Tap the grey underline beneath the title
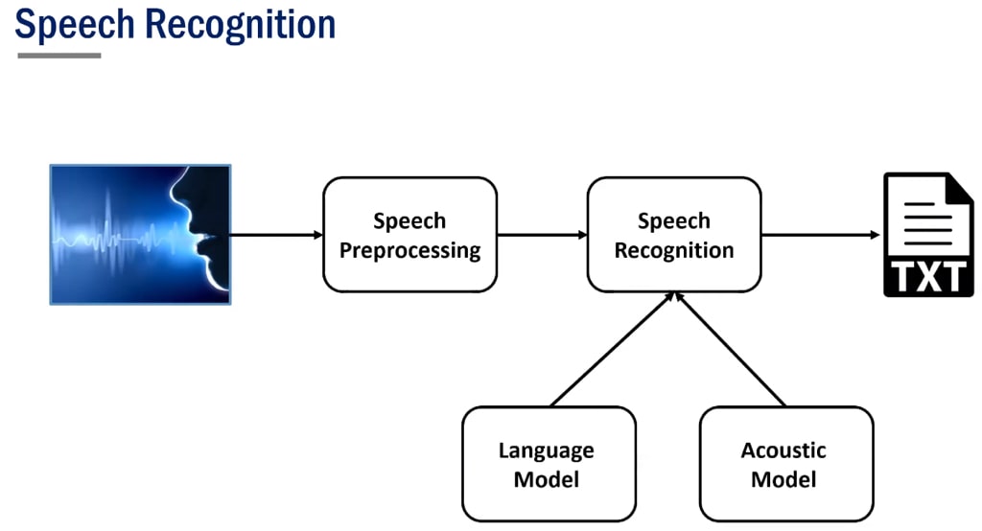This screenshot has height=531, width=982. pyautogui.click(x=59, y=56)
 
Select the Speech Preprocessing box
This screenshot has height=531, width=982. pyautogui.click(x=409, y=235)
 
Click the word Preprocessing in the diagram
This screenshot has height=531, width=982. pyautogui.click(x=409, y=251)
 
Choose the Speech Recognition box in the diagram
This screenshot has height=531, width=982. pyautogui.click(x=673, y=235)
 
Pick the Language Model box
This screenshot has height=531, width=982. pyautogui.click(x=548, y=464)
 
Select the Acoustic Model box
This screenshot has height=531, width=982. pyautogui.click(x=785, y=464)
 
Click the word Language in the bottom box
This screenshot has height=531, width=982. pyautogui.click(x=547, y=450)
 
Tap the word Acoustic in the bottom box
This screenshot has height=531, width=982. pyautogui.click(x=783, y=450)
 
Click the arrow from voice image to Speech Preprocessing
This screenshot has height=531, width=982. pyautogui.click(x=276, y=235)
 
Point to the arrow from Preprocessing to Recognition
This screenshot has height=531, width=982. pyautogui.click(x=542, y=235)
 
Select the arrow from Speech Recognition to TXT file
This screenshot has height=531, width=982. pyautogui.click(x=820, y=235)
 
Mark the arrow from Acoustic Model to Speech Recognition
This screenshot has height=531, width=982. pyautogui.click(x=731, y=350)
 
